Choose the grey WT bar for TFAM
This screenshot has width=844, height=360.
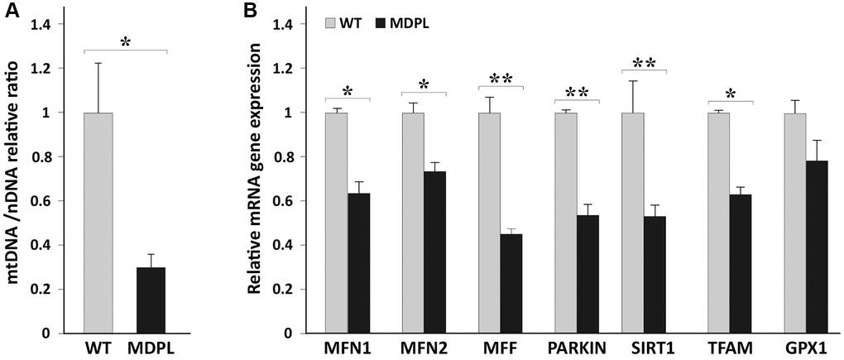click(x=720, y=223)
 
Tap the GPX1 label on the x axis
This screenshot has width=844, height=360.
click(x=805, y=348)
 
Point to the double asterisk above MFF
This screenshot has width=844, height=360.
click(x=501, y=79)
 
